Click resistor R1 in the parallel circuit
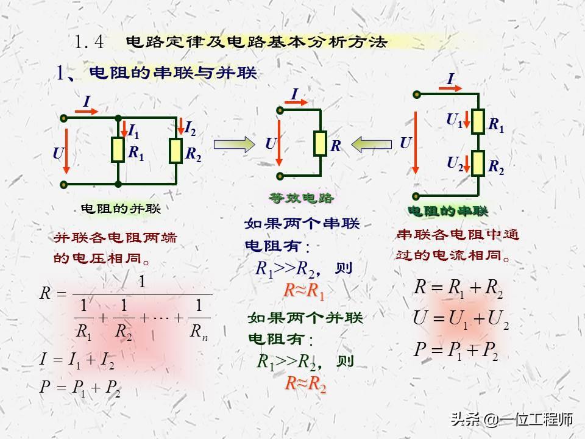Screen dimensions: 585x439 [x=118, y=150]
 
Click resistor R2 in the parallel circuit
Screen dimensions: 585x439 [x=175, y=151]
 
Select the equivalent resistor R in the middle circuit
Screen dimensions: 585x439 [x=320, y=143]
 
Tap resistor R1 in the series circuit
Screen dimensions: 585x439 [x=478, y=121]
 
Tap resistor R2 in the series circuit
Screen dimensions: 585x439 [x=478, y=163]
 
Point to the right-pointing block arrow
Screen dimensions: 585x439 [x=232, y=144]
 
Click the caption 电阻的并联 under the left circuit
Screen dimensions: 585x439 [x=121, y=209]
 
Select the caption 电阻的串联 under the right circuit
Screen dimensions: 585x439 [x=448, y=211]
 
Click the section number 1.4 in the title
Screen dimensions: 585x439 [x=90, y=42]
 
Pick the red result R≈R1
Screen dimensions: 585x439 [x=304, y=291]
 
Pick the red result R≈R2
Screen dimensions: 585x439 [x=306, y=385]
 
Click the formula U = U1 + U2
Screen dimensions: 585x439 [x=461, y=318]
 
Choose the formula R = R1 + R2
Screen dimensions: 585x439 [x=458, y=288]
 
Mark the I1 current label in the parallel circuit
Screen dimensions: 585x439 [x=133, y=130]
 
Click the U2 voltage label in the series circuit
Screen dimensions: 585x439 [x=455, y=163]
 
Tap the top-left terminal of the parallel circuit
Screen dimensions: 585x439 [x=63, y=117]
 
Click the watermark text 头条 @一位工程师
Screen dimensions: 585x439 [x=511, y=419]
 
